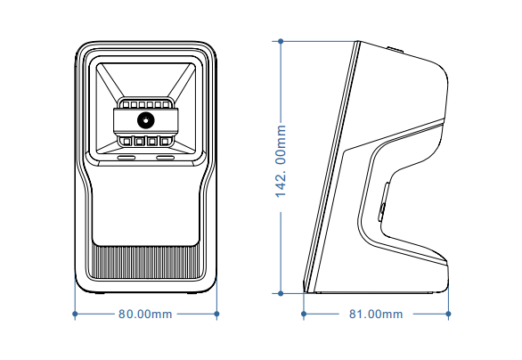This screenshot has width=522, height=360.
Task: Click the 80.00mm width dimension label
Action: (145, 315)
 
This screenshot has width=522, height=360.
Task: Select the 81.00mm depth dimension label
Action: (375, 315)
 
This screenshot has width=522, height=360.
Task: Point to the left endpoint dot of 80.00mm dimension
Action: (74, 314)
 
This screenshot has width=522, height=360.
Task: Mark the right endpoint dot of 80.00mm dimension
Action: (217, 314)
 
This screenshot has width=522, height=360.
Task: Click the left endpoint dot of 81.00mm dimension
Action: (304, 314)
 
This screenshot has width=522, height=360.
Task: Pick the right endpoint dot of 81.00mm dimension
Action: (449, 314)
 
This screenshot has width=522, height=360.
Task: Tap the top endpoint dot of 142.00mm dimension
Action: (281, 40)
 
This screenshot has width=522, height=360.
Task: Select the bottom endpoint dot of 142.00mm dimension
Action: (281, 292)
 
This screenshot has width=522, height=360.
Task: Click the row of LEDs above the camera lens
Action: (143, 105)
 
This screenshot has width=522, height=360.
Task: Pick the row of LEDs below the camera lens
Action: (143, 139)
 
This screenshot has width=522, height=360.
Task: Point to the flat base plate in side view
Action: (374, 290)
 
